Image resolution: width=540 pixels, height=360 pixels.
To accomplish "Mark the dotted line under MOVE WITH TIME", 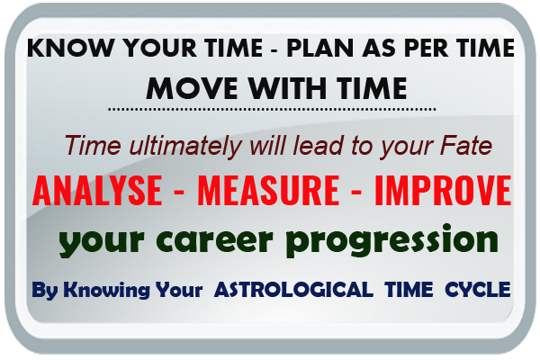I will (270, 109).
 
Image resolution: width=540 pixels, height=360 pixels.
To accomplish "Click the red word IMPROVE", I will (438, 191).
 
